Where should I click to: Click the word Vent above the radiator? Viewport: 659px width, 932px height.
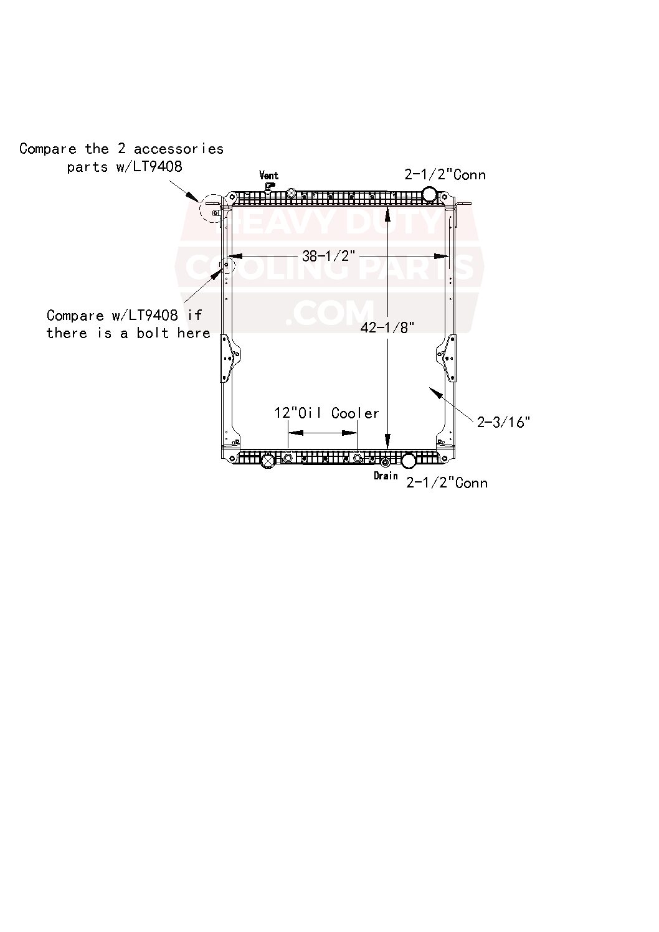[x=268, y=175]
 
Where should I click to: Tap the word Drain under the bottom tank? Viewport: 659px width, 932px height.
[x=386, y=476]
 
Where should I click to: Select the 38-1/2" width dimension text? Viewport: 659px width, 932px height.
[x=328, y=256]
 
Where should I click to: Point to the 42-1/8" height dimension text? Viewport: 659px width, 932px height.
[x=387, y=328]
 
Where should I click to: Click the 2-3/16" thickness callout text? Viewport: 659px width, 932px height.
[x=503, y=422]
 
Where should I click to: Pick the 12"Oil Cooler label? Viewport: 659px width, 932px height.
[x=326, y=413]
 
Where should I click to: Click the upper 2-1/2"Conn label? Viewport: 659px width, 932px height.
[x=445, y=174]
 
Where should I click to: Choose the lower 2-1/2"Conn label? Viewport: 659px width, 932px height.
[x=447, y=482]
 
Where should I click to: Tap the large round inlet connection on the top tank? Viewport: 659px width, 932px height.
[x=429, y=194]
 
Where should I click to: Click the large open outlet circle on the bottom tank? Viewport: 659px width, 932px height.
[x=409, y=461]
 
